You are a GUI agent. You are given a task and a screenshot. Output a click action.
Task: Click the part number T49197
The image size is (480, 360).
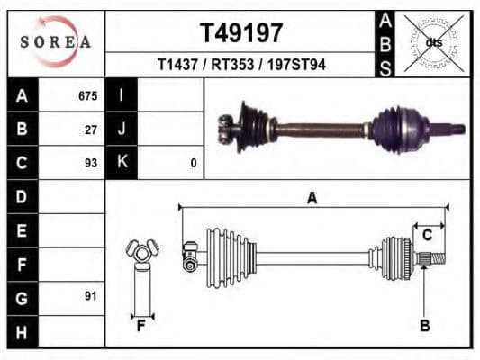point(240,33)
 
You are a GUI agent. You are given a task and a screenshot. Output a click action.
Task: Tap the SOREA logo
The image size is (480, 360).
point(56,42)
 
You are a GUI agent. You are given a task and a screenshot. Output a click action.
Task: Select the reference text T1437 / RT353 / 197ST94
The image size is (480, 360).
point(241,65)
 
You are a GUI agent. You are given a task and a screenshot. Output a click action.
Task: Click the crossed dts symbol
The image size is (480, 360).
point(434,42)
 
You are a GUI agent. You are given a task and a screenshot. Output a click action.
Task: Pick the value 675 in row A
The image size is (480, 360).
point(87,94)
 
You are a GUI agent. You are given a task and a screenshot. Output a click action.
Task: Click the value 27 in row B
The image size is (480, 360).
point(91,129)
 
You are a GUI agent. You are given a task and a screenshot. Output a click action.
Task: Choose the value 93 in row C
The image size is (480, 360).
point(91,163)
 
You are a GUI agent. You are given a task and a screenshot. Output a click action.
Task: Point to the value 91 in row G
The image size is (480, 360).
point(91,295)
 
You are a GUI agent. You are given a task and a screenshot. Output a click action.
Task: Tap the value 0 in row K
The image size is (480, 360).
point(193,163)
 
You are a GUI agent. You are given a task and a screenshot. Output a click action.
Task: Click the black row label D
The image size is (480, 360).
point(23,196)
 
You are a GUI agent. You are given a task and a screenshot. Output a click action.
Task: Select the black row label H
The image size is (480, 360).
point(23,331)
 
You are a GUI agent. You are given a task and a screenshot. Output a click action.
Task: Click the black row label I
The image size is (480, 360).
point(121,94)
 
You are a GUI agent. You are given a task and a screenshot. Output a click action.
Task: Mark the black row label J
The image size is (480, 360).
point(121,129)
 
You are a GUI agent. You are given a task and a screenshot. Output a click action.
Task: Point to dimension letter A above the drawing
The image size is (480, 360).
point(312,197)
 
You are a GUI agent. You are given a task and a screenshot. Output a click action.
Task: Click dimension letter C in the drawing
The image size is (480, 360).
point(428,235)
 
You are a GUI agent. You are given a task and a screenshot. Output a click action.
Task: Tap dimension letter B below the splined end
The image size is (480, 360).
point(425,325)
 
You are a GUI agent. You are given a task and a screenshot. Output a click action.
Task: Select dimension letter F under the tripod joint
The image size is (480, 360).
point(140,325)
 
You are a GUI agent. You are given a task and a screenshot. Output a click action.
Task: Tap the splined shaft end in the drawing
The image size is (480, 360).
point(431,259)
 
